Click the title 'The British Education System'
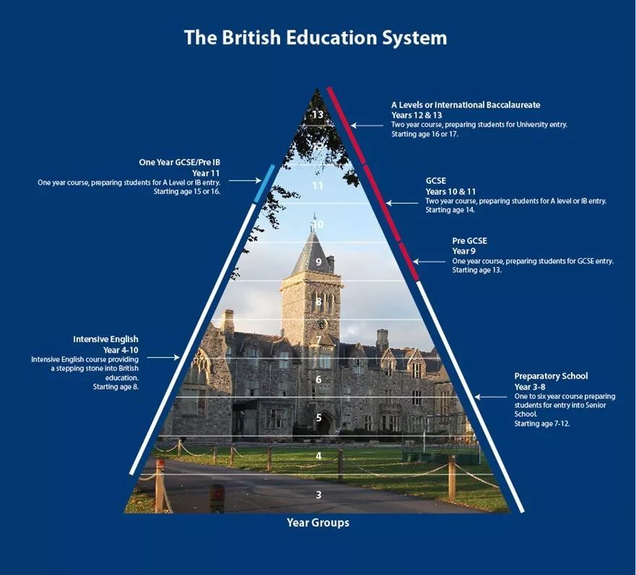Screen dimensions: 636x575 pyautogui.click(x=315, y=38)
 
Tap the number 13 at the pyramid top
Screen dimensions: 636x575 pyautogui.click(x=318, y=115)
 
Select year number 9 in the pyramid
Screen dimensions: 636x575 pyautogui.click(x=319, y=262)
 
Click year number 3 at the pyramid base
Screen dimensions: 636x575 pyautogui.click(x=319, y=495)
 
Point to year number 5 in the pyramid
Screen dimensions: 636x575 pyautogui.click(x=319, y=418)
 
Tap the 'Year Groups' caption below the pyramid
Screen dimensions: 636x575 pyautogui.click(x=318, y=522)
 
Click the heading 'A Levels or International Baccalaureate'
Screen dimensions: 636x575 pyautogui.click(x=466, y=105)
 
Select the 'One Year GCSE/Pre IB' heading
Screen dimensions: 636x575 pyautogui.click(x=179, y=162)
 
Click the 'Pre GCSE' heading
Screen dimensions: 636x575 pyautogui.click(x=470, y=241)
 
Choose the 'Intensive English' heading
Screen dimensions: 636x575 pyautogui.click(x=105, y=339)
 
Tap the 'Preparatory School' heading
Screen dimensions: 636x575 pyautogui.click(x=551, y=376)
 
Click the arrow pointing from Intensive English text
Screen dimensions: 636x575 pyautogui.click(x=163, y=357)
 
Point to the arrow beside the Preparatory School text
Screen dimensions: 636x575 pyautogui.click(x=491, y=397)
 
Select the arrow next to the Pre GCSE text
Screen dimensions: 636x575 pyautogui.click(x=429, y=262)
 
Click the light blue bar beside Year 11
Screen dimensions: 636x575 pyautogui.click(x=264, y=183)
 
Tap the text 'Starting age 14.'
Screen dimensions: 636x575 pyautogui.click(x=450, y=210)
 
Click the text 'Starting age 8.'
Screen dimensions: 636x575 pyautogui.click(x=116, y=387)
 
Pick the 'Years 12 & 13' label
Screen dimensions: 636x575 pyautogui.click(x=417, y=115)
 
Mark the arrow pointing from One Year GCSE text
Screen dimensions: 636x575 pyautogui.click(x=245, y=181)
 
